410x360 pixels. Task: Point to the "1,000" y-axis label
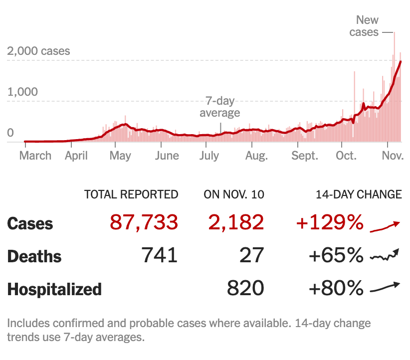tap(22, 92)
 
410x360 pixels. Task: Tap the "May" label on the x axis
tap(120, 156)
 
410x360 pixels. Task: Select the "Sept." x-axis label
tap(305, 156)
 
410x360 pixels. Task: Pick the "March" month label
tap(35, 156)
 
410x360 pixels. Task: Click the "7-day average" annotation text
tap(220, 107)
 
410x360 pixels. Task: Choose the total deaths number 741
tap(160, 255)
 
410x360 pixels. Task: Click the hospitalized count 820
tap(245, 288)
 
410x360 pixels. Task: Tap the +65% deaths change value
tap(336, 255)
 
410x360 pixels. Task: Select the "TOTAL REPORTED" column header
tap(131, 194)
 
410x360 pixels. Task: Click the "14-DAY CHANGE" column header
tap(359, 194)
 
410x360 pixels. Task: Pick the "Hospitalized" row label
tap(54, 289)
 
